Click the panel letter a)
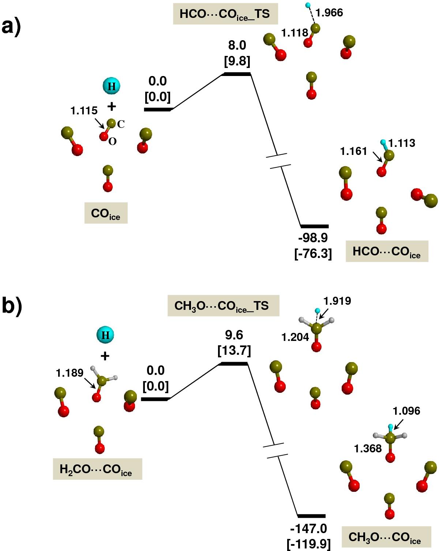click(11, 26)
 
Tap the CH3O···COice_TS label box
click(223, 306)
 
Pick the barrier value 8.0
click(237, 46)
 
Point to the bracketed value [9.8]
click(237, 61)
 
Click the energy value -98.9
click(313, 238)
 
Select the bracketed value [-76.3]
click(313, 253)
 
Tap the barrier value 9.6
click(234, 335)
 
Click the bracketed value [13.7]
click(234, 351)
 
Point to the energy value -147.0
click(309, 528)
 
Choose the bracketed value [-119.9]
click(309, 544)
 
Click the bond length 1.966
click(329, 13)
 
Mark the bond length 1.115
click(84, 111)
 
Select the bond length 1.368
click(368, 449)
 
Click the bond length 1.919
click(337, 301)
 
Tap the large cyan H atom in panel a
click(112, 86)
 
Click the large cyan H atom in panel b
click(105, 335)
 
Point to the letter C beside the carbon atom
click(121, 125)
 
